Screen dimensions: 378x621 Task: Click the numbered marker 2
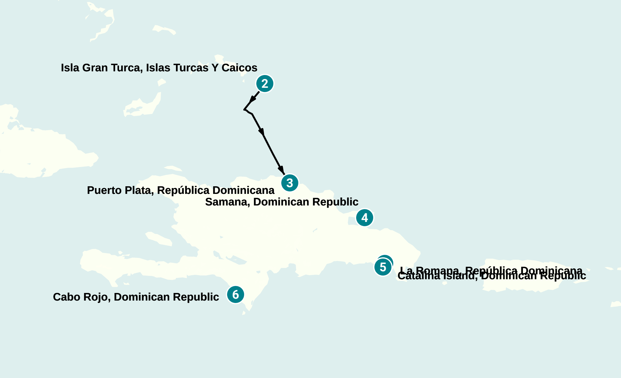(265, 84)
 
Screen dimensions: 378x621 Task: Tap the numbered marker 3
(290, 183)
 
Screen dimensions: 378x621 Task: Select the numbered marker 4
(365, 218)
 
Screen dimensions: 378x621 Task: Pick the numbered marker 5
(383, 267)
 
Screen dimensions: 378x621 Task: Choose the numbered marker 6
(236, 295)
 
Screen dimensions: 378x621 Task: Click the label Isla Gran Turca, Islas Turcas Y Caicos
(159, 68)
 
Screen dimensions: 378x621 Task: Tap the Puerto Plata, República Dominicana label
(181, 190)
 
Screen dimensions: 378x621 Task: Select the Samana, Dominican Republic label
(282, 202)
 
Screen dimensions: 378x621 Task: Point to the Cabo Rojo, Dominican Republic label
(136, 297)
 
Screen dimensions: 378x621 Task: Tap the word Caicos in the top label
(239, 68)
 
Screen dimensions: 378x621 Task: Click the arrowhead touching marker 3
(282, 170)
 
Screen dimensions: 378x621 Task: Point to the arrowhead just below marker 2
(253, 99)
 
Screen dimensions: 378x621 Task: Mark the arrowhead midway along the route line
(261, 132)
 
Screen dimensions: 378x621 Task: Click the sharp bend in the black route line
(244, 109)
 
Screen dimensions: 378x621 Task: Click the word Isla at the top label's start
(70, 68)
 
